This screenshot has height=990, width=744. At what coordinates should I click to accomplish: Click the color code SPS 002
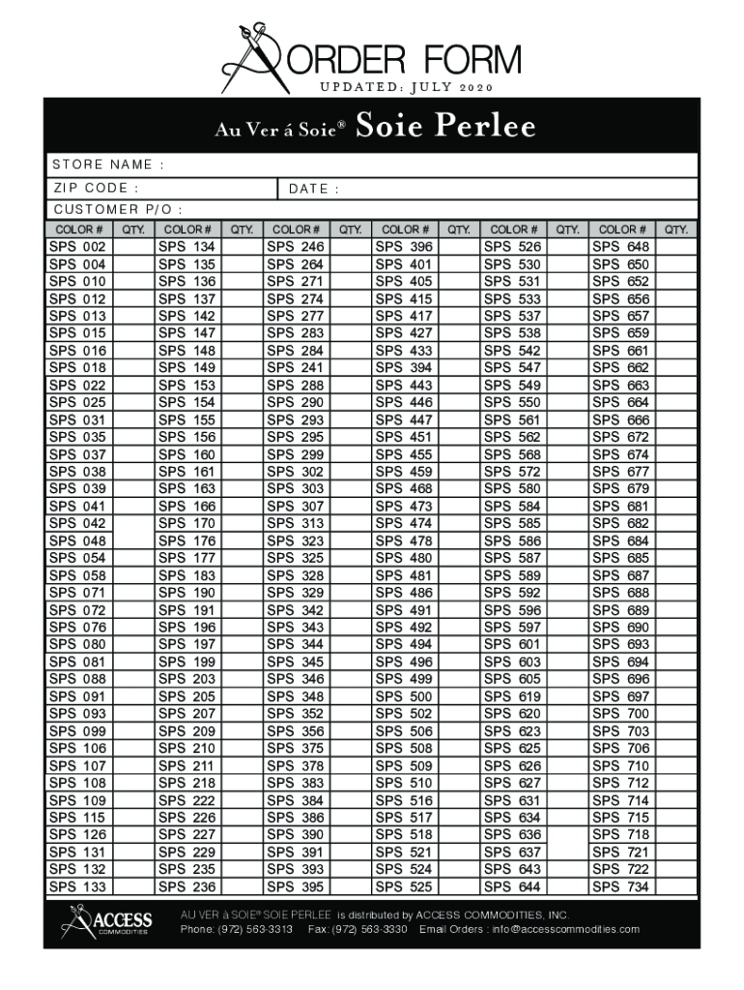click(78, 247)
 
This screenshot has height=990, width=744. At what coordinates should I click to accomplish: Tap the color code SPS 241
click(296, 368)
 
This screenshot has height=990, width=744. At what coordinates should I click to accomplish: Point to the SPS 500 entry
click(404, 696)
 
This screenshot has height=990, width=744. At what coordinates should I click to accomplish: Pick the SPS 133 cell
click(78, 887)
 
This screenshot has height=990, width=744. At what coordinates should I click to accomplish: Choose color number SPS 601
click(513, 645)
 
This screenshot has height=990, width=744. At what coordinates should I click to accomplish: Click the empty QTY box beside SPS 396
click(458, 247)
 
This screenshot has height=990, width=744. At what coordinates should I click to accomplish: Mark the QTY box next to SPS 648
click(675, 247)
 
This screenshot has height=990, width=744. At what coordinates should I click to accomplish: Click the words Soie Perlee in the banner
click(445, 128)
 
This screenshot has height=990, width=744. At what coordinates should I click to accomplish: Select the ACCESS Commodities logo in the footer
click(106, 921)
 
